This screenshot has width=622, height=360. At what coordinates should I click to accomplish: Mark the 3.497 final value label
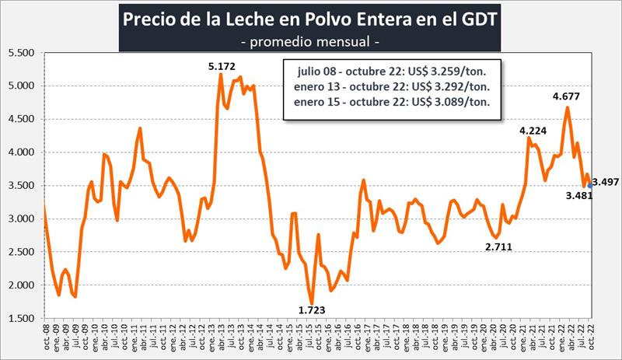pyautogui.click(x=606, y=182)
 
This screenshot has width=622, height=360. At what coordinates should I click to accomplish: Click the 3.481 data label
pyautogui.click(x=577, y=197)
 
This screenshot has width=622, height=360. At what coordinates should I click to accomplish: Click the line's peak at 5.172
pyautogui.click(x=221, y=75)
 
